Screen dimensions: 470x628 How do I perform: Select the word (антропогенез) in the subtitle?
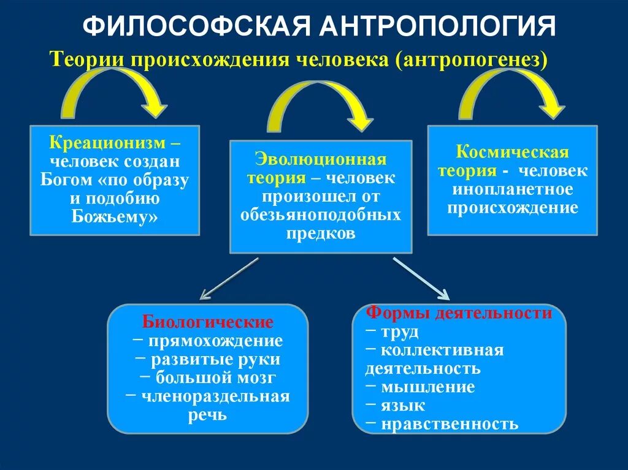coord(470,60)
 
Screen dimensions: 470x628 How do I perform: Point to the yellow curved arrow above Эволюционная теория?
coord(319,104)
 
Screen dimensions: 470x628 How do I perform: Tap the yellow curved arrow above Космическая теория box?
coord(511,91)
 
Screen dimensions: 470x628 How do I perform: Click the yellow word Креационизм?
coord(110,143)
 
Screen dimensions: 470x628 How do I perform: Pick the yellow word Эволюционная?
coord(320,160)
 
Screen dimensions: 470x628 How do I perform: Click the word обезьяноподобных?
coord(320,215)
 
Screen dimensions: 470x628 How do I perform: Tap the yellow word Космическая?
coord(513,152)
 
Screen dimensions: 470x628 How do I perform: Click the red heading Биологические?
coord(207,322)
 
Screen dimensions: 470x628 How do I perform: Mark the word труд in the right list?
coord(399,332)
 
